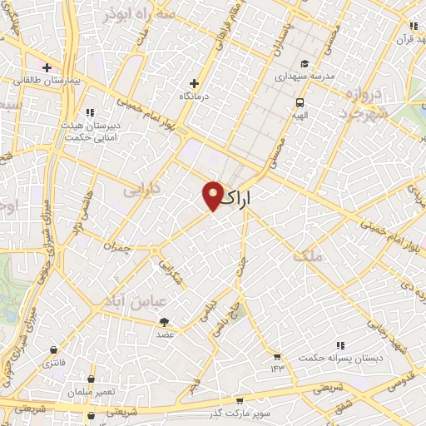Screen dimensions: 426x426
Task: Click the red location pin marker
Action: pos(213,196)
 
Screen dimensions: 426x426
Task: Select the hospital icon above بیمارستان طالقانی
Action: pos(47,67)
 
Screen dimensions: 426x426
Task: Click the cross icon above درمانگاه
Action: pos(195,83)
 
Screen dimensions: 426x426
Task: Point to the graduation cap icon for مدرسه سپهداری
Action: pos(305,64)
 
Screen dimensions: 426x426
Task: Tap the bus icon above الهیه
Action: pos(299,103)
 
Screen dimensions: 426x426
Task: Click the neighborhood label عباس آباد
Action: pos(131,300)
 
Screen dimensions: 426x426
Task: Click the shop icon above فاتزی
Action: pos(54,350)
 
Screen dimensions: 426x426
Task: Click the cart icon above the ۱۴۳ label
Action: pos(275,355)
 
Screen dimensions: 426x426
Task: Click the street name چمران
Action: pos(117,246)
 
